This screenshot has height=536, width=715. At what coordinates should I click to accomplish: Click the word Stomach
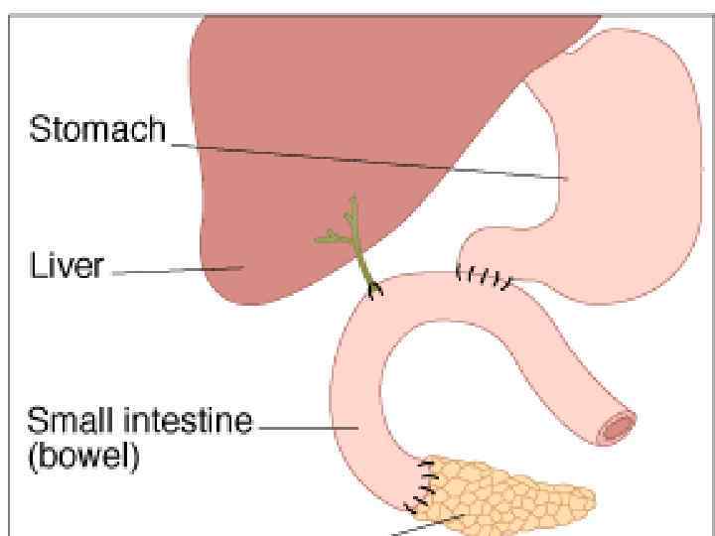click(x=97, y=130)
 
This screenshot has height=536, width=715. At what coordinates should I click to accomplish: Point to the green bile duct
click(x=360, y=260)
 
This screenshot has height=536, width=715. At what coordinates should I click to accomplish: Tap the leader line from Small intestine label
click(x=308, y=427)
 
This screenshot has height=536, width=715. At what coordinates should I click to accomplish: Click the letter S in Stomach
click(x=38, y=130)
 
